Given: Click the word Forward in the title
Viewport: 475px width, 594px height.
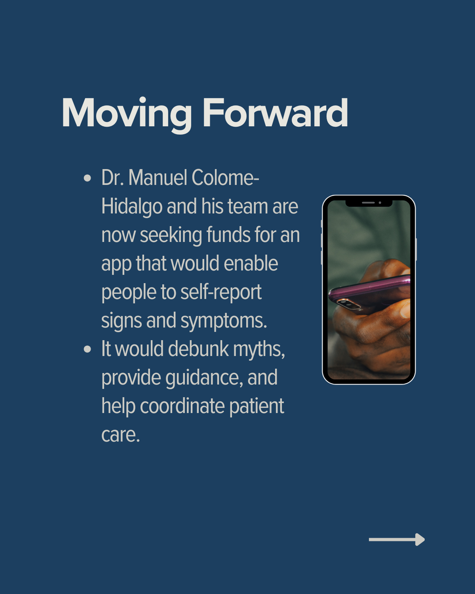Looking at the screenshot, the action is tap(275, 113).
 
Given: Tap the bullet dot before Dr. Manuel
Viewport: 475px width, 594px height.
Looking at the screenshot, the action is tap(87, 178).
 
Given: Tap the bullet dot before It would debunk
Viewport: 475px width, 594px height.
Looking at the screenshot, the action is tap(87, 349).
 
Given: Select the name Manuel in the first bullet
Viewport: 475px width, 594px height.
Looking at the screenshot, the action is tap(158, 177).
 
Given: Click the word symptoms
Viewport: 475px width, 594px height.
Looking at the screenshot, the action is tap(224, 321).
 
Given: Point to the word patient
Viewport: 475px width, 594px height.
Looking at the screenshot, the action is tap(256, 407).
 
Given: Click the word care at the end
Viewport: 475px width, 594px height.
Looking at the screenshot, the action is tap(121, 435).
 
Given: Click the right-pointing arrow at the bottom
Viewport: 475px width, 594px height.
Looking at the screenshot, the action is tap(397, 539).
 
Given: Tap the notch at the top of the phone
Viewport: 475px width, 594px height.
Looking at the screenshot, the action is tap(369, 203).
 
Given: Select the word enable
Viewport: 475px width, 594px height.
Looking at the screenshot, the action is tap(251, 263).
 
